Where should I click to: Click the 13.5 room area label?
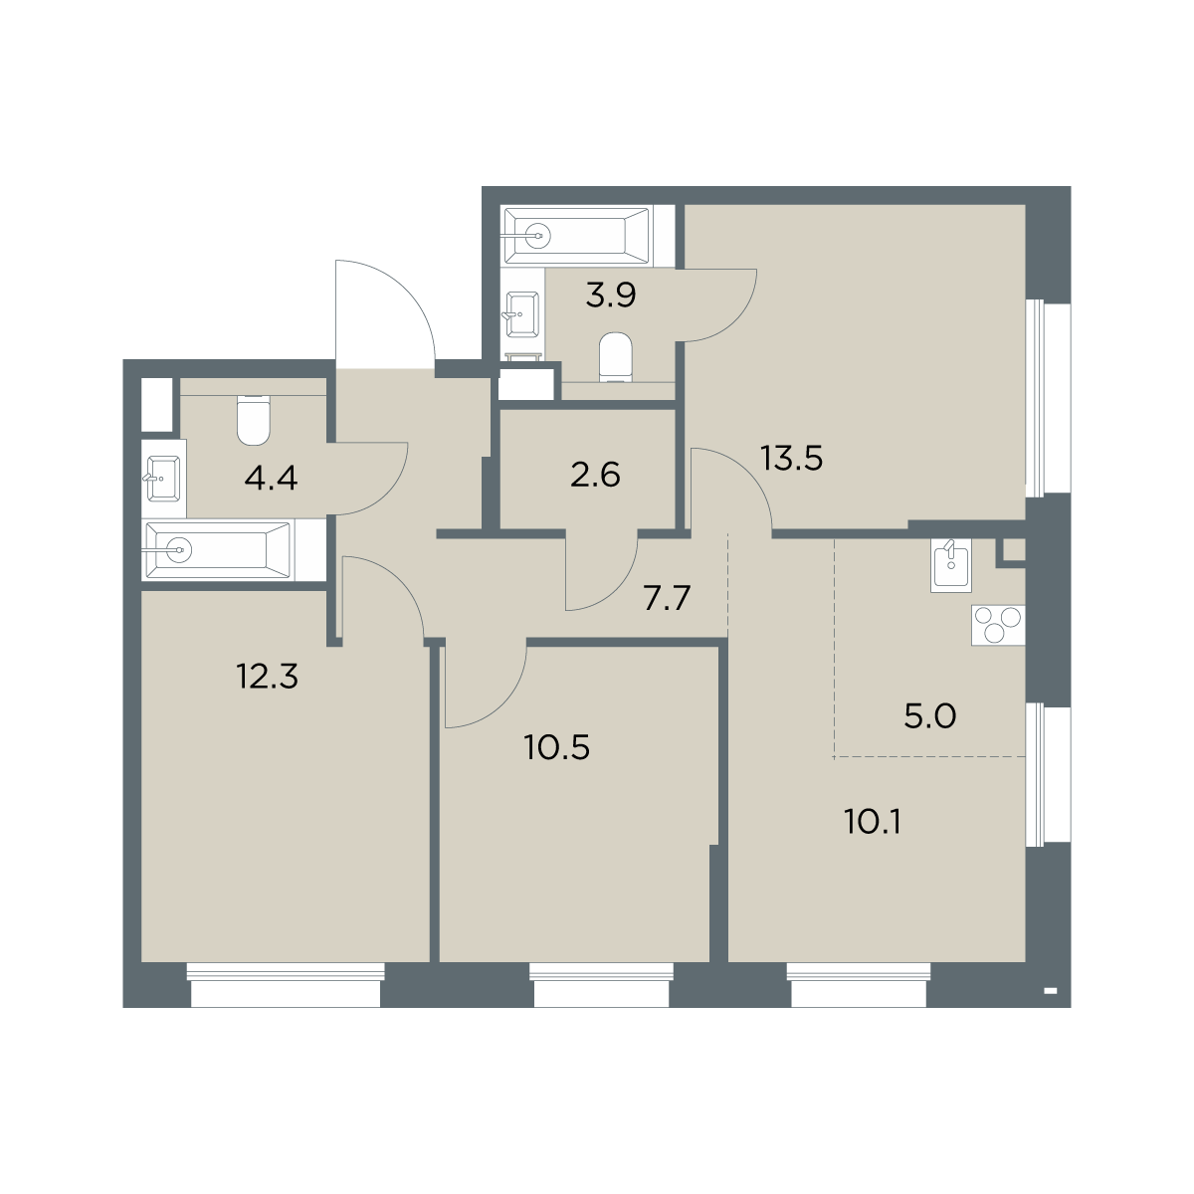click(x=791, y=459)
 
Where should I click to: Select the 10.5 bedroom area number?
click(x=557, y=748)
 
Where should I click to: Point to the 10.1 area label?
click(x=873, y=822)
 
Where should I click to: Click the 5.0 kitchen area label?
click(x=930, y=716)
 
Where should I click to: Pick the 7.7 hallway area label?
click(x=667, y=599)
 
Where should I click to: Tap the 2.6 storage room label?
click(x=595, y=476)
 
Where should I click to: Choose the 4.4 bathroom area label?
click(x=271, y=479)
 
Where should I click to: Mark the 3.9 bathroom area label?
click(x=611, y=295)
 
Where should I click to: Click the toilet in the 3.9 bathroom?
click(x=616, y=357)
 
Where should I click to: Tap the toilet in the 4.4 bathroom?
click(x=254, y=421)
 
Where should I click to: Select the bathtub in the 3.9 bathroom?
click(x=577, y=236)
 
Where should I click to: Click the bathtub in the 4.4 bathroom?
click(x=217, y=550)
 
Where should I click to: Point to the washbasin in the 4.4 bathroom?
click(x=163, y=479)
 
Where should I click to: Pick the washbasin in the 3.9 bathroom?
click(x=521, y=314)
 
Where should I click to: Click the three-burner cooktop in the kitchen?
click(x=998, y=625)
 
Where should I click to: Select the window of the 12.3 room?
click(x=286, y=985)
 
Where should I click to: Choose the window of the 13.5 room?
click(x=1048, y=398)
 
